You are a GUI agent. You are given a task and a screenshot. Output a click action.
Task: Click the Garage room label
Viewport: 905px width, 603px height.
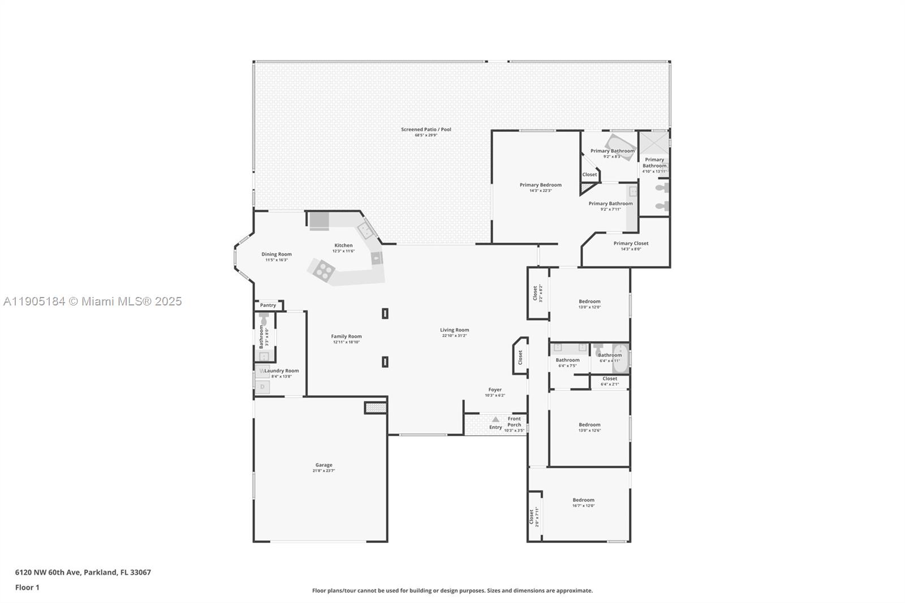coord(324,465)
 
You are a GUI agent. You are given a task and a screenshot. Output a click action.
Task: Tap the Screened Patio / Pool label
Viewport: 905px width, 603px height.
coord(426,130)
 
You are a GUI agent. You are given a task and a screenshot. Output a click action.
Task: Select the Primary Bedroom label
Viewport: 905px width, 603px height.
coord(540,185)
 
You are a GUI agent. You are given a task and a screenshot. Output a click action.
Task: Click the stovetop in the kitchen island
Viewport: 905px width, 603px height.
coord(324,270)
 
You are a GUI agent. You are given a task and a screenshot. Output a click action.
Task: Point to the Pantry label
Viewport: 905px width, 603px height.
coord(268,305)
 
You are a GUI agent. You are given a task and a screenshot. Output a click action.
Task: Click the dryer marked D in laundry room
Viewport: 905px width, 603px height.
coord(262,387)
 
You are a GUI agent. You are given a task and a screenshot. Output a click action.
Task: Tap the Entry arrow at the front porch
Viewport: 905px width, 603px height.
coord(495,420)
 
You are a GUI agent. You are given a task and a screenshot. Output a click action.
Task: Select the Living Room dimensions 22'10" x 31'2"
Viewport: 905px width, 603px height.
coord(455,336)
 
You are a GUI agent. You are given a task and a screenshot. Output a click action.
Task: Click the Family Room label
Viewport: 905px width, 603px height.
coord(346,337)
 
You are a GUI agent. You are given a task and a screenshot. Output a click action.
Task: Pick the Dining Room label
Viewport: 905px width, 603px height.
coord(277,255)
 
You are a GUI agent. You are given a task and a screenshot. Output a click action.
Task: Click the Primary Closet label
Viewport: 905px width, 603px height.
coord(631,243)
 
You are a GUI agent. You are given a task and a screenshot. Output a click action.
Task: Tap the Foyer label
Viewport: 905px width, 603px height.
coord(495,390)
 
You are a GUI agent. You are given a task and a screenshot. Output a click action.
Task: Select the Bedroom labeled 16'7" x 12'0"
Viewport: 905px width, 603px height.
coord(583,500)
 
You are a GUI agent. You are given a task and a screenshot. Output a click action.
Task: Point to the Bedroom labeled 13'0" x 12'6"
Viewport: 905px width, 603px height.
coord(589,425)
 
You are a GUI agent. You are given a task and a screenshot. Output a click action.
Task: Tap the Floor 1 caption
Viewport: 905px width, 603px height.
coord(27,588)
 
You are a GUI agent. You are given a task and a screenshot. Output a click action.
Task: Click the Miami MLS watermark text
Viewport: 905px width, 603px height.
coord(93,301)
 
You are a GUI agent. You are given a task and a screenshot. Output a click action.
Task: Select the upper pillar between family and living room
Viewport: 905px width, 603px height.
coord(385,313)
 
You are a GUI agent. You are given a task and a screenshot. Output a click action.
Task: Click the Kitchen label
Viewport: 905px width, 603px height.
coord(343,245)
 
